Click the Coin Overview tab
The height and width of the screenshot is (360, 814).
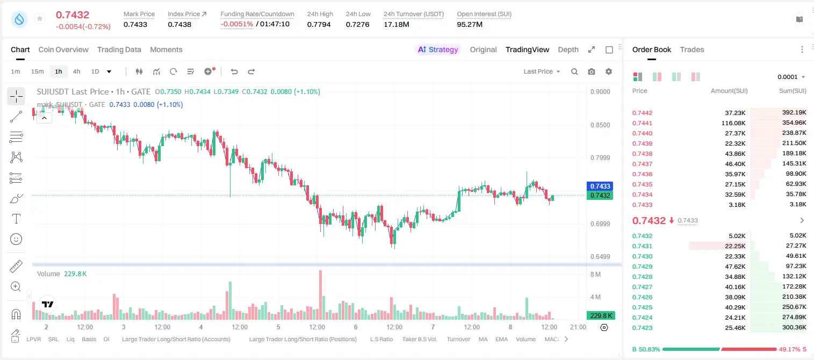[63, 49]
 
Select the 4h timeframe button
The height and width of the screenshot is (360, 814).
[76, 71]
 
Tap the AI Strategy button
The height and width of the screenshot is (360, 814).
[438, 49]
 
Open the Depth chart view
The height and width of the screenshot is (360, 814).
[568, 49]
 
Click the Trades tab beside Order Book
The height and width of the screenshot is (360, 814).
[692, 49]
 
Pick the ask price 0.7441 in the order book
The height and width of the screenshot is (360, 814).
[642, 123]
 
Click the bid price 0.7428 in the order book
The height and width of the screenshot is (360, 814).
[642, 277]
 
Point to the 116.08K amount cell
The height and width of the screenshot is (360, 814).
[733, 123]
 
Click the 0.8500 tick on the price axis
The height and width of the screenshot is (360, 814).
[600, 125]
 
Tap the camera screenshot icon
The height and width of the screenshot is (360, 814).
[592, 71]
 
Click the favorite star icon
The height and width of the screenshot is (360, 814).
[40, 18]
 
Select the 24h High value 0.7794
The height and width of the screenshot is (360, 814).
[319, 24]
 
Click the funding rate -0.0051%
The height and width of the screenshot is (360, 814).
[236, 24]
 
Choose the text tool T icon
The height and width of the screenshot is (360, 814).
[16, 219]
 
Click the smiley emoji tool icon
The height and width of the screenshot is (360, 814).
[16, 239]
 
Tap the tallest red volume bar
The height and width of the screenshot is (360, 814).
[320, 294]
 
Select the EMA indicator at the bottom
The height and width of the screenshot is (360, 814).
[501, 339]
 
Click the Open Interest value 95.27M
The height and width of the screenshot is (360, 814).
[470, 24]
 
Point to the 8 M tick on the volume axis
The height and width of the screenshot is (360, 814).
[595, 274]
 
